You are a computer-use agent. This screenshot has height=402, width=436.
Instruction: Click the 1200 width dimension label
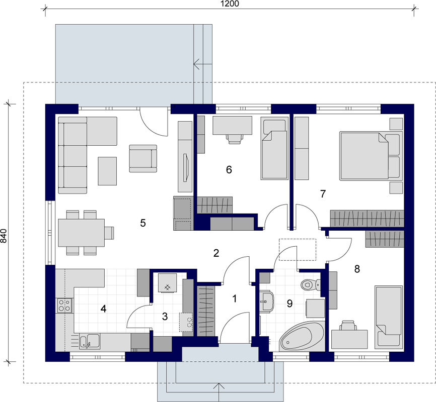[230, 4]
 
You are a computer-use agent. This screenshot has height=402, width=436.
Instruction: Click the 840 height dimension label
[4, 236]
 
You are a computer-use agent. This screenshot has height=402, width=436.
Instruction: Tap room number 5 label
[143, 223]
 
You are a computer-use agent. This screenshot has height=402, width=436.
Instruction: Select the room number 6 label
[229, 170]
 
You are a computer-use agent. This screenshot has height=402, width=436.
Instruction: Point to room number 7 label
[323, 194]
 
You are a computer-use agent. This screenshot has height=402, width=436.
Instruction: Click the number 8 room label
[357, 269]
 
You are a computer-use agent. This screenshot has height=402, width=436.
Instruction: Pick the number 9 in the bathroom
[289, 304]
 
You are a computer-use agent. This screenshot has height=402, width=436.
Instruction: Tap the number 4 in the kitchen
[103, 309]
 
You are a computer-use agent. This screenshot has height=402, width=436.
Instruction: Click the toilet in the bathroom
[310, 284]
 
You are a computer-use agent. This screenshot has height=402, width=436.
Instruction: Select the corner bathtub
[302, 337]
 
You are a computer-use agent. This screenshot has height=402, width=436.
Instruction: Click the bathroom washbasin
[267, 301]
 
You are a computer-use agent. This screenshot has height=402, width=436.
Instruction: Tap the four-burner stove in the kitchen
[64, 306]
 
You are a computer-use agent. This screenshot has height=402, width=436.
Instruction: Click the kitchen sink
[90, 341]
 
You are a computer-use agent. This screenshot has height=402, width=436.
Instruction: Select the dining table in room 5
[82, 233]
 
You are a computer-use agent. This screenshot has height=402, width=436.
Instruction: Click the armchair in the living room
[143, 158]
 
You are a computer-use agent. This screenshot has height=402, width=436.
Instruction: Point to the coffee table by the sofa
[107, 171]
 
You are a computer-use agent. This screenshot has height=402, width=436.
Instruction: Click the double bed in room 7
[371, 156]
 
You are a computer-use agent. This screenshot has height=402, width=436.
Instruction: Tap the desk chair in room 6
[235, 139]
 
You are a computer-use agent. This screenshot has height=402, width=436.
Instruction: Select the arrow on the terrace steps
[203, 65]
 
